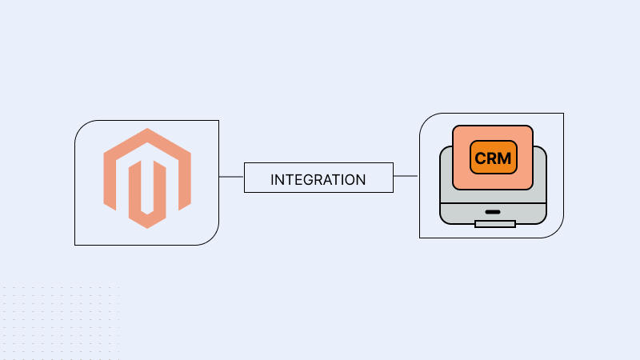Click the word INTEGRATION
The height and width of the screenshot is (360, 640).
coord(318,179)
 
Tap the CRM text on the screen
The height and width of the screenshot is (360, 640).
coord(493,158)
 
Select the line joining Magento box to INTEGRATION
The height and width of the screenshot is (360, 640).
coord(231,177)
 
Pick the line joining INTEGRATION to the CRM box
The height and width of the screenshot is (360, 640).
coord(406,176)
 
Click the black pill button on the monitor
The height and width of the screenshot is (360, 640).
coord(492,213)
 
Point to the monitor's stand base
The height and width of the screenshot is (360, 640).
coord(494,223)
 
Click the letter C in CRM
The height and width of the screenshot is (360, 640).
coord(481,158)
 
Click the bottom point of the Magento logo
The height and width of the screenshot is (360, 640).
coord(146,228)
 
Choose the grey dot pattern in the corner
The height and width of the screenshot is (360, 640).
coord(56,320)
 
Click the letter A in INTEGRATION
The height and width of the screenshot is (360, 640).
coord(326,179)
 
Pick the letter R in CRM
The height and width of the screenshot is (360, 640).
coord(492,158)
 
